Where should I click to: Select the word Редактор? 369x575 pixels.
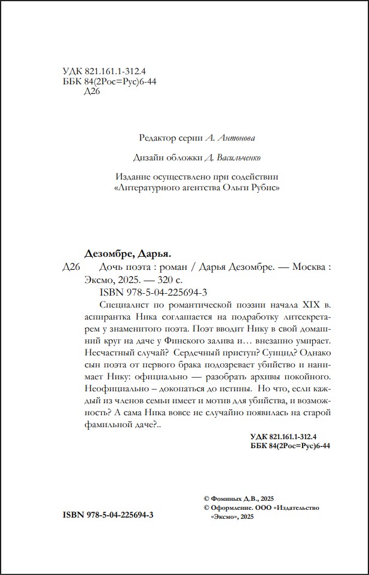[x=157, y=138]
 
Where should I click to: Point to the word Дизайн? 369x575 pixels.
[x=151, y=157]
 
